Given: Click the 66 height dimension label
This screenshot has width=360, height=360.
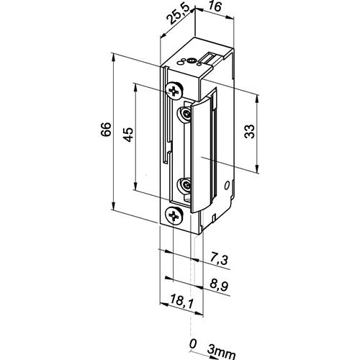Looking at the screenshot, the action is [x=106, y=130].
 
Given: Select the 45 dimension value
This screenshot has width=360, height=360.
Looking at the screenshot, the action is [x=128, y=135].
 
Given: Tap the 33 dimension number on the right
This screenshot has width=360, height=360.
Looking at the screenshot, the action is [x=250, y=131].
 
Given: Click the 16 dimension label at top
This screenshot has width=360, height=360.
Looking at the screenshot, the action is [x=215, y=6].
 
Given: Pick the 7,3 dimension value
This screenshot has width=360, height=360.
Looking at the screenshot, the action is [x=219, y=260].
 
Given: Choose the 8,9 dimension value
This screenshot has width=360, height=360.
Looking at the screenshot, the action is [x=219, y=285].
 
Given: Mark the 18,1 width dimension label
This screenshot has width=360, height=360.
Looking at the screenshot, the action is [x=181, y=301].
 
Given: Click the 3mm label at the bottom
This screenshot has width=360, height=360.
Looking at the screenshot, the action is [x=221, y=354].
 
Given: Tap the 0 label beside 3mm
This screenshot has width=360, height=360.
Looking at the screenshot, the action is [x=193, y=344].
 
